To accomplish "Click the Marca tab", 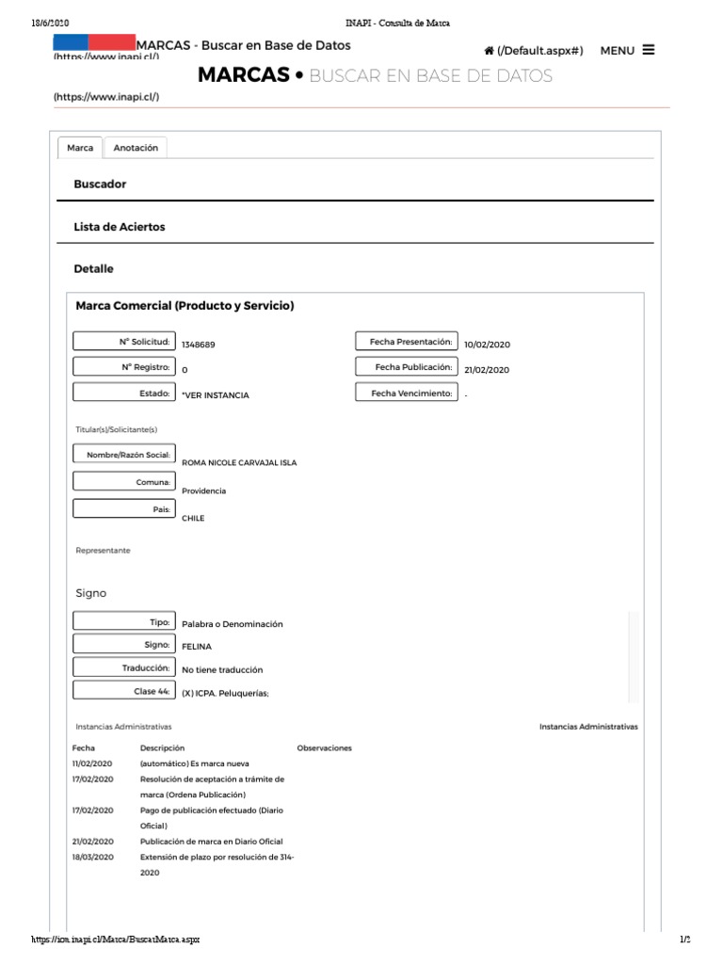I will point(80,148).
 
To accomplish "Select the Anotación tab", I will point(136,148).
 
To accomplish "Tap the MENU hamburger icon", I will point(649,50).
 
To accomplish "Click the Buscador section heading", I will point(100,185).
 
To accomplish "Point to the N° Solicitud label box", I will point(123,342).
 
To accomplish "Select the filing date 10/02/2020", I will point(487,345).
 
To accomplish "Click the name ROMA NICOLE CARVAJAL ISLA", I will point(238,463).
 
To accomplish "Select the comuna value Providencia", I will point(203,490).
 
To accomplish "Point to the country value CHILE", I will point(193,518).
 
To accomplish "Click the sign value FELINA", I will point(197,647).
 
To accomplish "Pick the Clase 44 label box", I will point(123,691).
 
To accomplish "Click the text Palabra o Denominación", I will point(232,624).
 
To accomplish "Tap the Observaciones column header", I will point(324,748).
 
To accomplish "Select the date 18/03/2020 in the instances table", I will point(92,858).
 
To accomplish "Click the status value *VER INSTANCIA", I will point(216,395).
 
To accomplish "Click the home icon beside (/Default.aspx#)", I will point(490,51).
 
